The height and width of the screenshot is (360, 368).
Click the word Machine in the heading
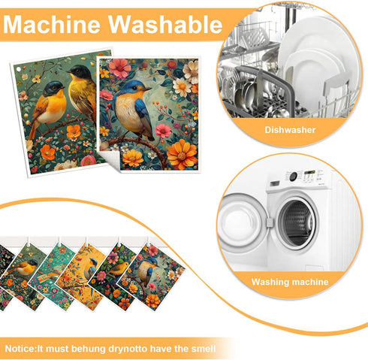point(52,25)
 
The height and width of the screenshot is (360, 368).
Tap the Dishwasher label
point(290,130)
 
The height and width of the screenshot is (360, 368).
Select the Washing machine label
point(290,282)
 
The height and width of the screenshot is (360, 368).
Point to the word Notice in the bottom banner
point(20,349)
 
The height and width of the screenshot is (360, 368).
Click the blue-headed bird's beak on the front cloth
point(148,89)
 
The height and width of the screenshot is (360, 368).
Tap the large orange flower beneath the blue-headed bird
point(182,154)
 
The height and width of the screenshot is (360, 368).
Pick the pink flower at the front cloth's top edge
point(119,68)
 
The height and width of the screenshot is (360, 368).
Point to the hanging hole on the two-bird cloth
point(18,69)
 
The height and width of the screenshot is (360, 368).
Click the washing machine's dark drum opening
point(298,223)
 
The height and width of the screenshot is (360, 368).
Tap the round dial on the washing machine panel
point(293,177)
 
